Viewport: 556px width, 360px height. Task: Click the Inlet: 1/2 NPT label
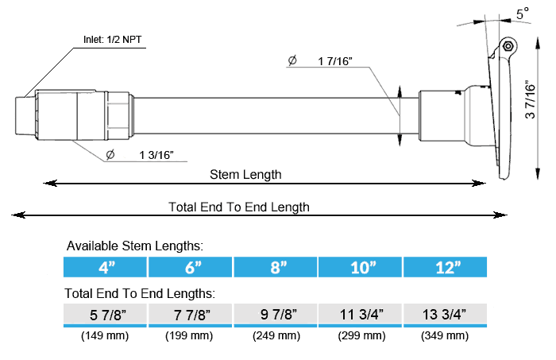(113, 40)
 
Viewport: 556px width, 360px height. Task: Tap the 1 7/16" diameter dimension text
(335, 61)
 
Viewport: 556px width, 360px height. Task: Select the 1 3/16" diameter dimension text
(156, 155)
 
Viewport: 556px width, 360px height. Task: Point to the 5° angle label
(523, 14)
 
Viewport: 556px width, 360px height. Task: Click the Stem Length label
(245, 175)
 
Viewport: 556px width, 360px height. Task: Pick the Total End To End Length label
(238, 207)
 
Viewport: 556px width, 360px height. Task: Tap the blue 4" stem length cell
(105, 267)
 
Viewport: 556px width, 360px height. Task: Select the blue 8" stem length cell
(275, 267)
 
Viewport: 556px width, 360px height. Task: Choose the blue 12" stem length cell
(446, 267)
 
